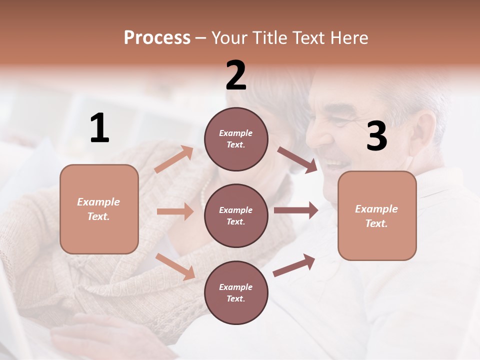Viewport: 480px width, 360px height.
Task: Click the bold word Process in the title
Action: pyautogui.click(x=157, y=38)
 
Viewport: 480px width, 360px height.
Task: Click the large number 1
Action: pyautogui.click(x=99, y=128)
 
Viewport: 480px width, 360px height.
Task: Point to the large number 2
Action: pyautogui.click(x=236, y=75)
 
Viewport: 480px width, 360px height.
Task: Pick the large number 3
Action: pyautogui.click(x=377, y=136)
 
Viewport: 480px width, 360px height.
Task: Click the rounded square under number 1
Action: pyautogui.click(x=99, y=209)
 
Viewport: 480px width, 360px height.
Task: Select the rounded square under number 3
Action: pyautogui.click(x=377, y=215)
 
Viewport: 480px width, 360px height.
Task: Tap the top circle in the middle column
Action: pyautogui.click(x=236, y=139)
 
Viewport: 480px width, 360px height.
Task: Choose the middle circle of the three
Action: pyautogui.click(x=236, y=215)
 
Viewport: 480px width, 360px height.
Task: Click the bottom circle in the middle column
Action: pyautogui.click(x=236, y=292)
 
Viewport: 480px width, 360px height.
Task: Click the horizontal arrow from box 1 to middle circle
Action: pyautogui.click(x=175, y=211)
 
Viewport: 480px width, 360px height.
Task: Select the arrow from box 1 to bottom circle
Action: pyautogui.click(x=175, y=266)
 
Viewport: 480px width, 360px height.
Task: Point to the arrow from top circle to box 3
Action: pyautogui.click(x=297, y=160)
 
